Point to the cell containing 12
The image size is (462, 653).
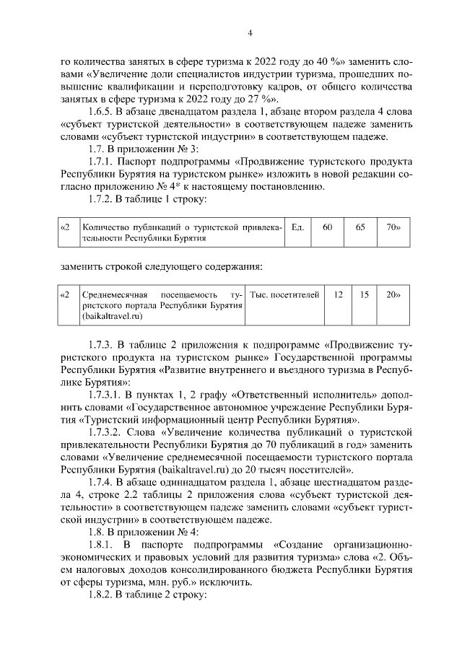pyautogui.click(x=338, y=295)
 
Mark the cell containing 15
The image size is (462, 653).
pyautogui.click(x=365, y=295)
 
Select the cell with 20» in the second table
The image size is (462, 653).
pyautogui.click(x=393, y=295)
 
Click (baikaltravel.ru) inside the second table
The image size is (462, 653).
pyautogui.click(x=113, y=316)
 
